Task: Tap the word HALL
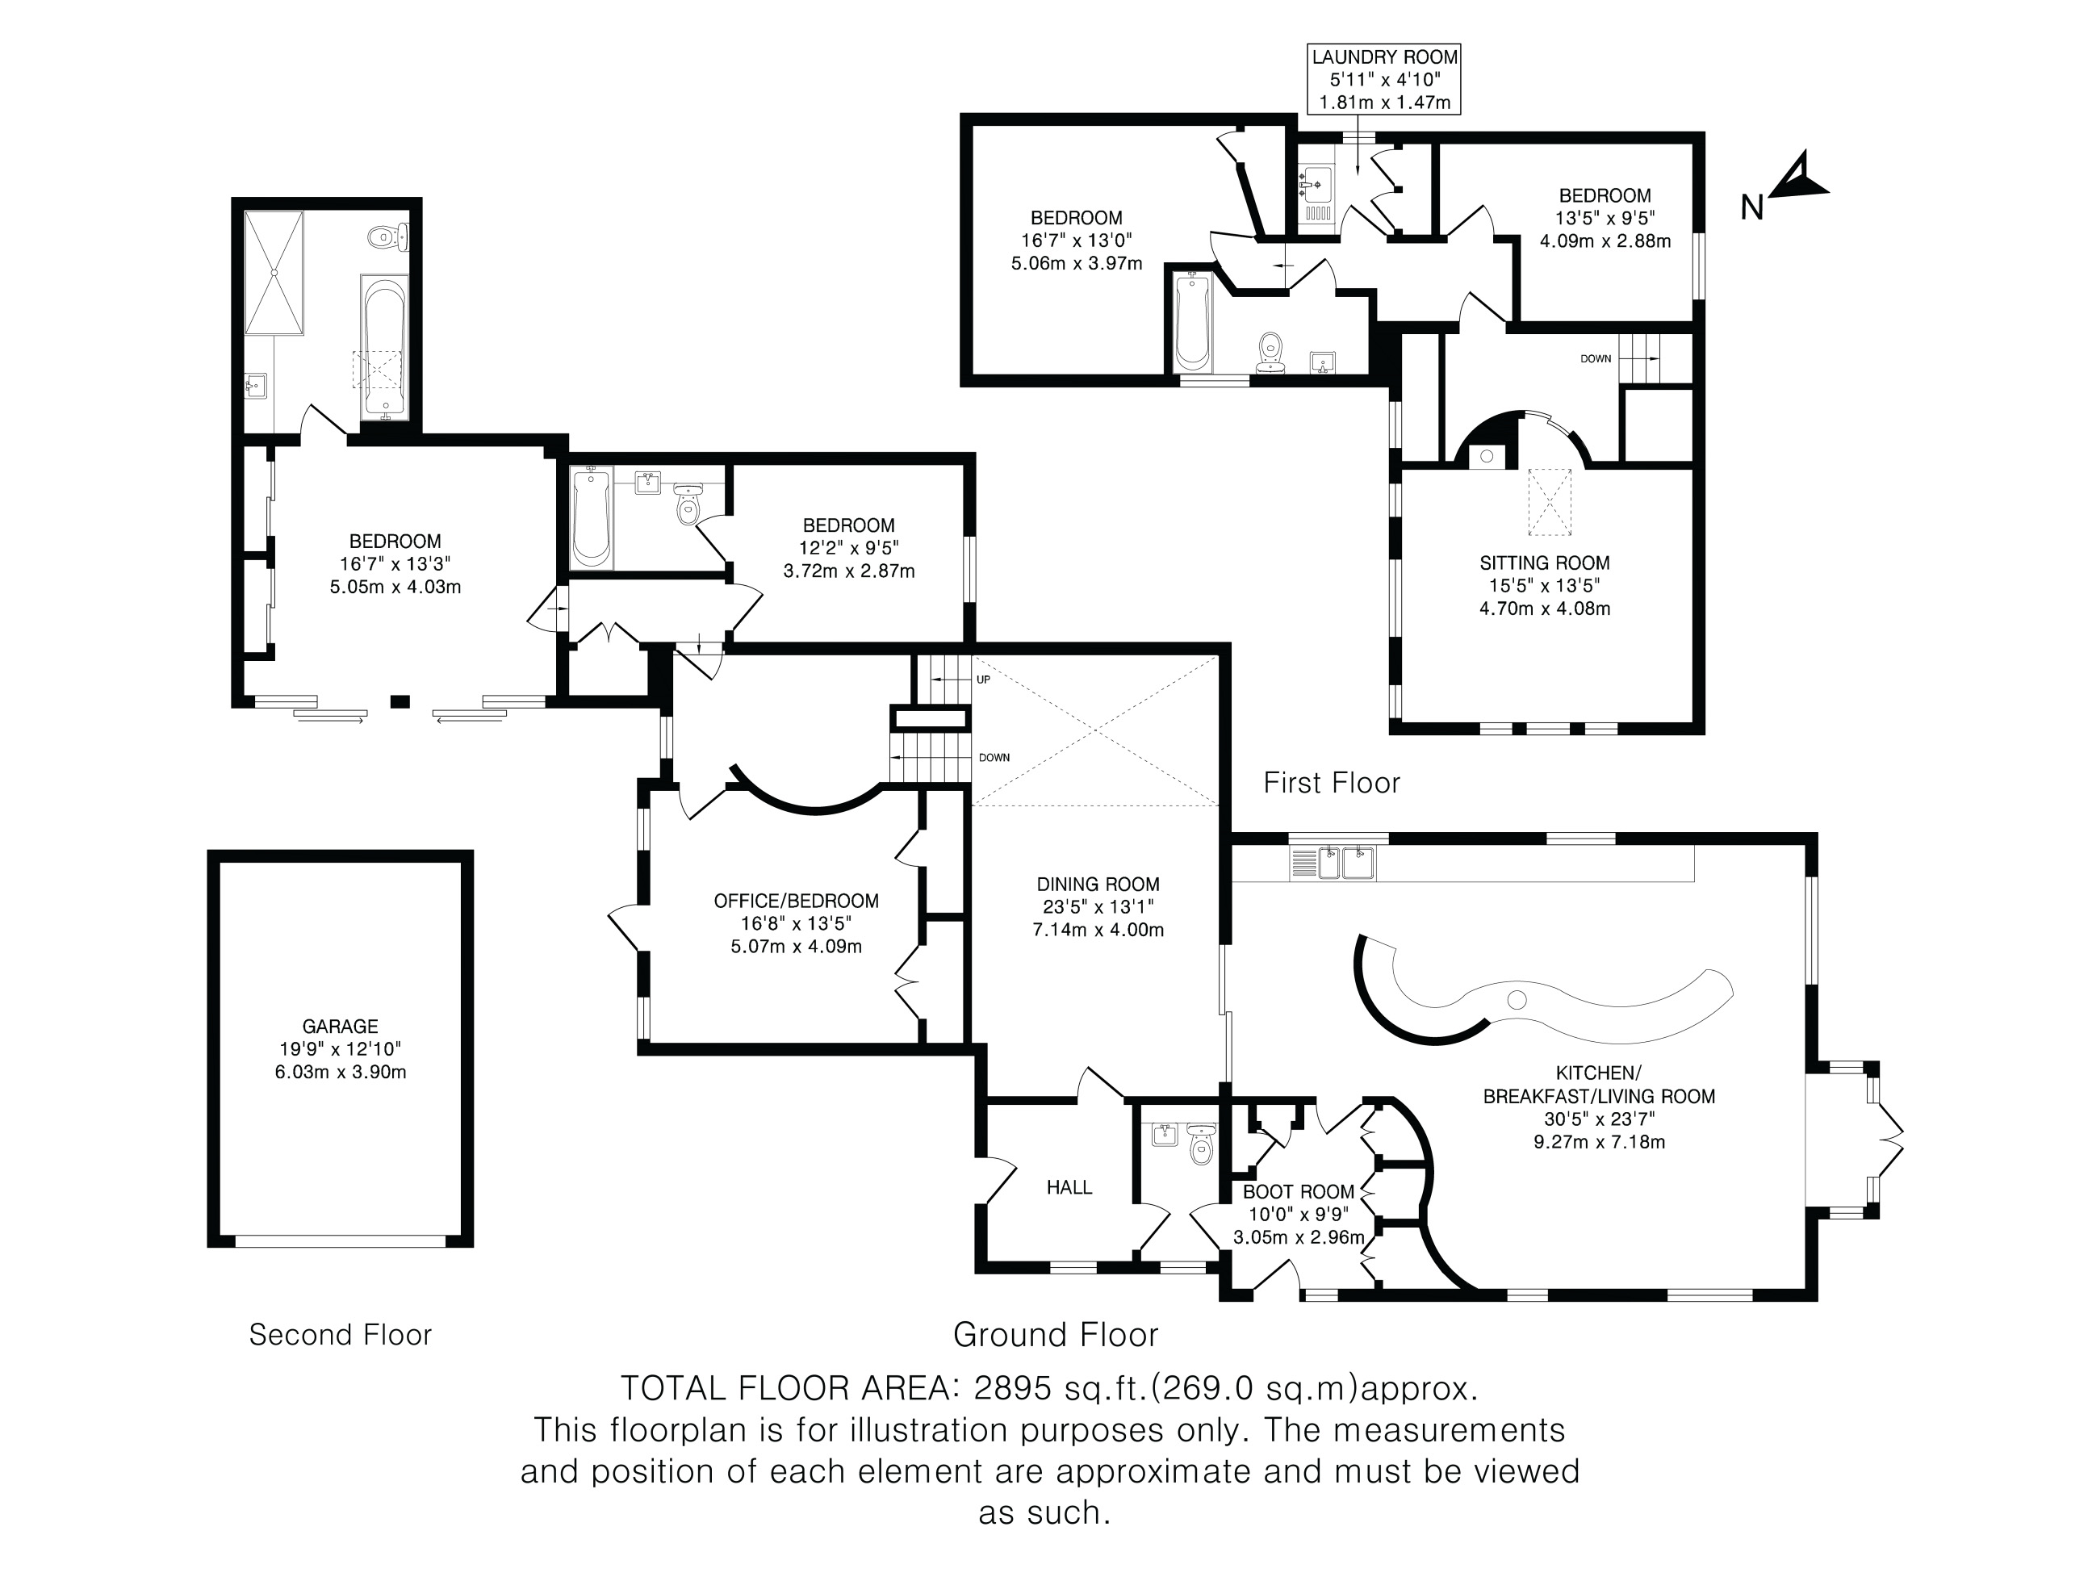point(1069,1187)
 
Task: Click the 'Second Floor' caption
point(341,1335)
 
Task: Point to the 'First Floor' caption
point(1332,783)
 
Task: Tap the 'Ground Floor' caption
point(1056,1335)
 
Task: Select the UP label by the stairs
point(984,680)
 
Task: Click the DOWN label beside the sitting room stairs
point(1596,359)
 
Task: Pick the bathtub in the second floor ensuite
point(383,348)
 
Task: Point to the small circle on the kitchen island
point(1517,999)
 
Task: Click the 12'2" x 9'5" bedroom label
point(849,547)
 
